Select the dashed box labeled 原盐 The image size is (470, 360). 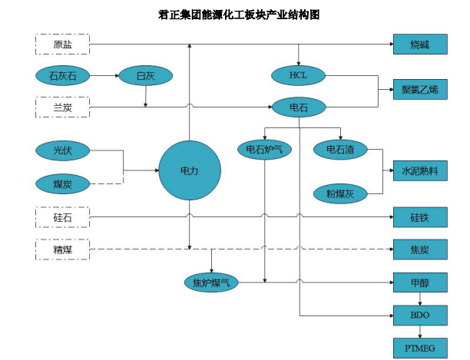point(62,45)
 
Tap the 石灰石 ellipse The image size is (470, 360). point(62,75)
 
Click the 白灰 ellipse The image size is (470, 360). point(145,75)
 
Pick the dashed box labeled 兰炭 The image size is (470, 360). point(62,107)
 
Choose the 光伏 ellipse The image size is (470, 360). point(62,150)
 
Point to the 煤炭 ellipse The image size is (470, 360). point(62,183)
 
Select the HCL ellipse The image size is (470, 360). point(298,75)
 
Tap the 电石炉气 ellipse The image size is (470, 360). point(264,149)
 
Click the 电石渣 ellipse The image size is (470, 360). point(340,149)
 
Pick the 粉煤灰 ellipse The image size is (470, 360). point(340,193)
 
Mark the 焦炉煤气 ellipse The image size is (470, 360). point(212,282)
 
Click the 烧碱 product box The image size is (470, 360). point(419,45)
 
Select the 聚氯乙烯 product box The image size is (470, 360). point(419,89)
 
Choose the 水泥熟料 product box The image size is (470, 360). point(419,171)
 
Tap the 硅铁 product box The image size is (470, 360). point(419,216)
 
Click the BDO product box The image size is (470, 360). point(419,315)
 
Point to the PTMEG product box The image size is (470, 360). point(419,348)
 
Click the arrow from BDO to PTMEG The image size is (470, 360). point(419,331)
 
